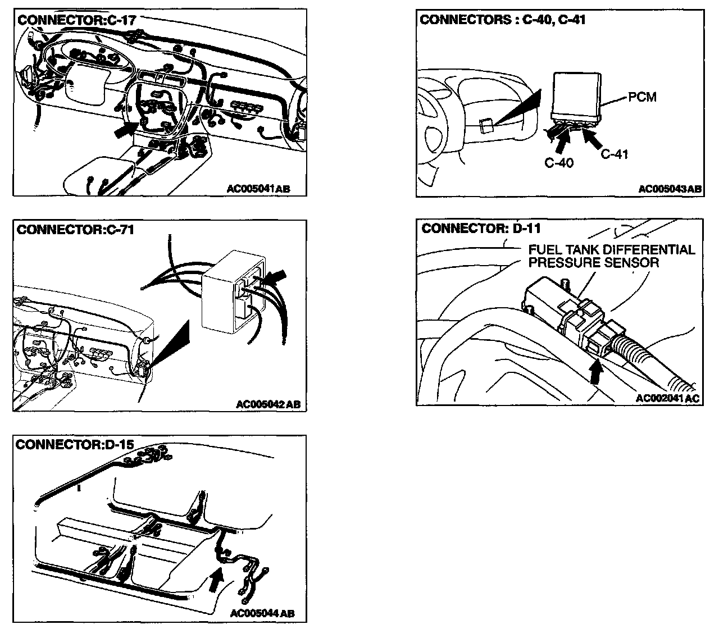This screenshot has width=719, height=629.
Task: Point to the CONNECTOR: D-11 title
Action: (x=481, y=228)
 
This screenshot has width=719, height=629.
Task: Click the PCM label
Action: (x=642, y=97)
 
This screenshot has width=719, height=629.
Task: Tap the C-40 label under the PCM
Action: (x=559, y=163)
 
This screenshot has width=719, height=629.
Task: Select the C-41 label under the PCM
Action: (x=614, y=153)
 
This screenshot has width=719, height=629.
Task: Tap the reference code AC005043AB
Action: (x=670, y=189)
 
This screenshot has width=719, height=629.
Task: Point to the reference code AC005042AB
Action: (x=268, y=404)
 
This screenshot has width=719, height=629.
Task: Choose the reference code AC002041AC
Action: (x=668, y=398)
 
